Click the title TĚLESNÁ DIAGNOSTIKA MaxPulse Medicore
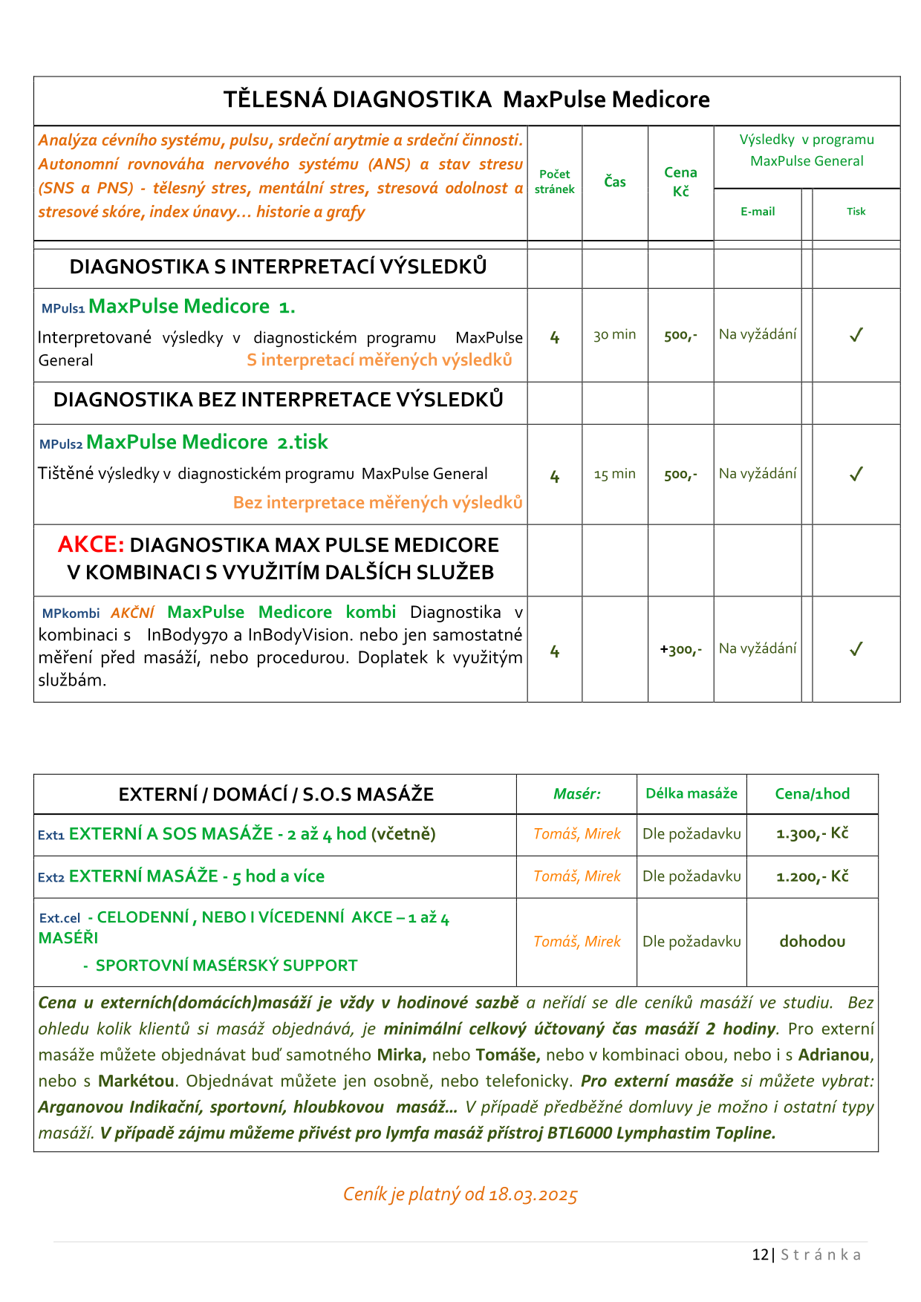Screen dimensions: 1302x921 [x=466, y=100]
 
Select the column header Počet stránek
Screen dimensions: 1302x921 [x=554, y=182]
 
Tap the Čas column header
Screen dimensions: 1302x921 [x=615, y=182]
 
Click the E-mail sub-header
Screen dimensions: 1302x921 [x=758, y=212]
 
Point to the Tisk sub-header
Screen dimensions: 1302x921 [x=856, y=212]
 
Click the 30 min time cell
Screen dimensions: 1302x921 [x=615, y=335]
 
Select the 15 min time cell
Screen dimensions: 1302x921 [x=615, y=474]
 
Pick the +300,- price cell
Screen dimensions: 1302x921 [x=680, y=650]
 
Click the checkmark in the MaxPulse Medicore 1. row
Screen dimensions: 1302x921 [x=856, y=335]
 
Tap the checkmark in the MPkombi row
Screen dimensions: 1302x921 [x=856, y=649]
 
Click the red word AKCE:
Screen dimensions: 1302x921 [x=91, y=545]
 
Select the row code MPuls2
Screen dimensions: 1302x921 [x=61, y=444]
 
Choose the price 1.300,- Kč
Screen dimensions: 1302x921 [x=812, y=834]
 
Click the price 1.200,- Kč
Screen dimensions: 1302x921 [x=812, y=876]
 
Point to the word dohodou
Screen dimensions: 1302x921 [x=812, y=942]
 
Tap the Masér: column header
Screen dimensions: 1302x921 [x=577, y=794]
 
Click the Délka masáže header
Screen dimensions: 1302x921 [x=691, y=794]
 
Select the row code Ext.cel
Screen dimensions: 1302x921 [x=59, y=919]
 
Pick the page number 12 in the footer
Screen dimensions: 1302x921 [x=760, y=1254]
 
